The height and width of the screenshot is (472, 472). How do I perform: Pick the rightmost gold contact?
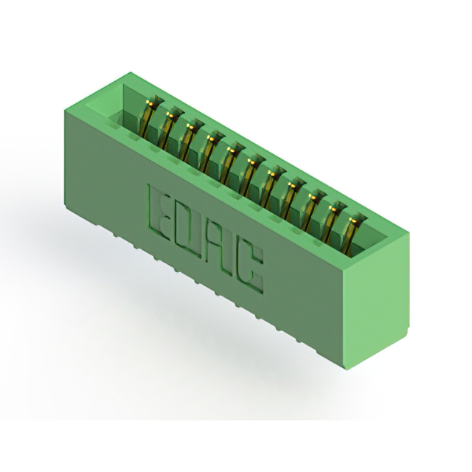pos(353,235)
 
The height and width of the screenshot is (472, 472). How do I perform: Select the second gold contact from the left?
pos(169,130)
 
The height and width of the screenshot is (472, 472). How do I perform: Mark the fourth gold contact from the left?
pos(210,153)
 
